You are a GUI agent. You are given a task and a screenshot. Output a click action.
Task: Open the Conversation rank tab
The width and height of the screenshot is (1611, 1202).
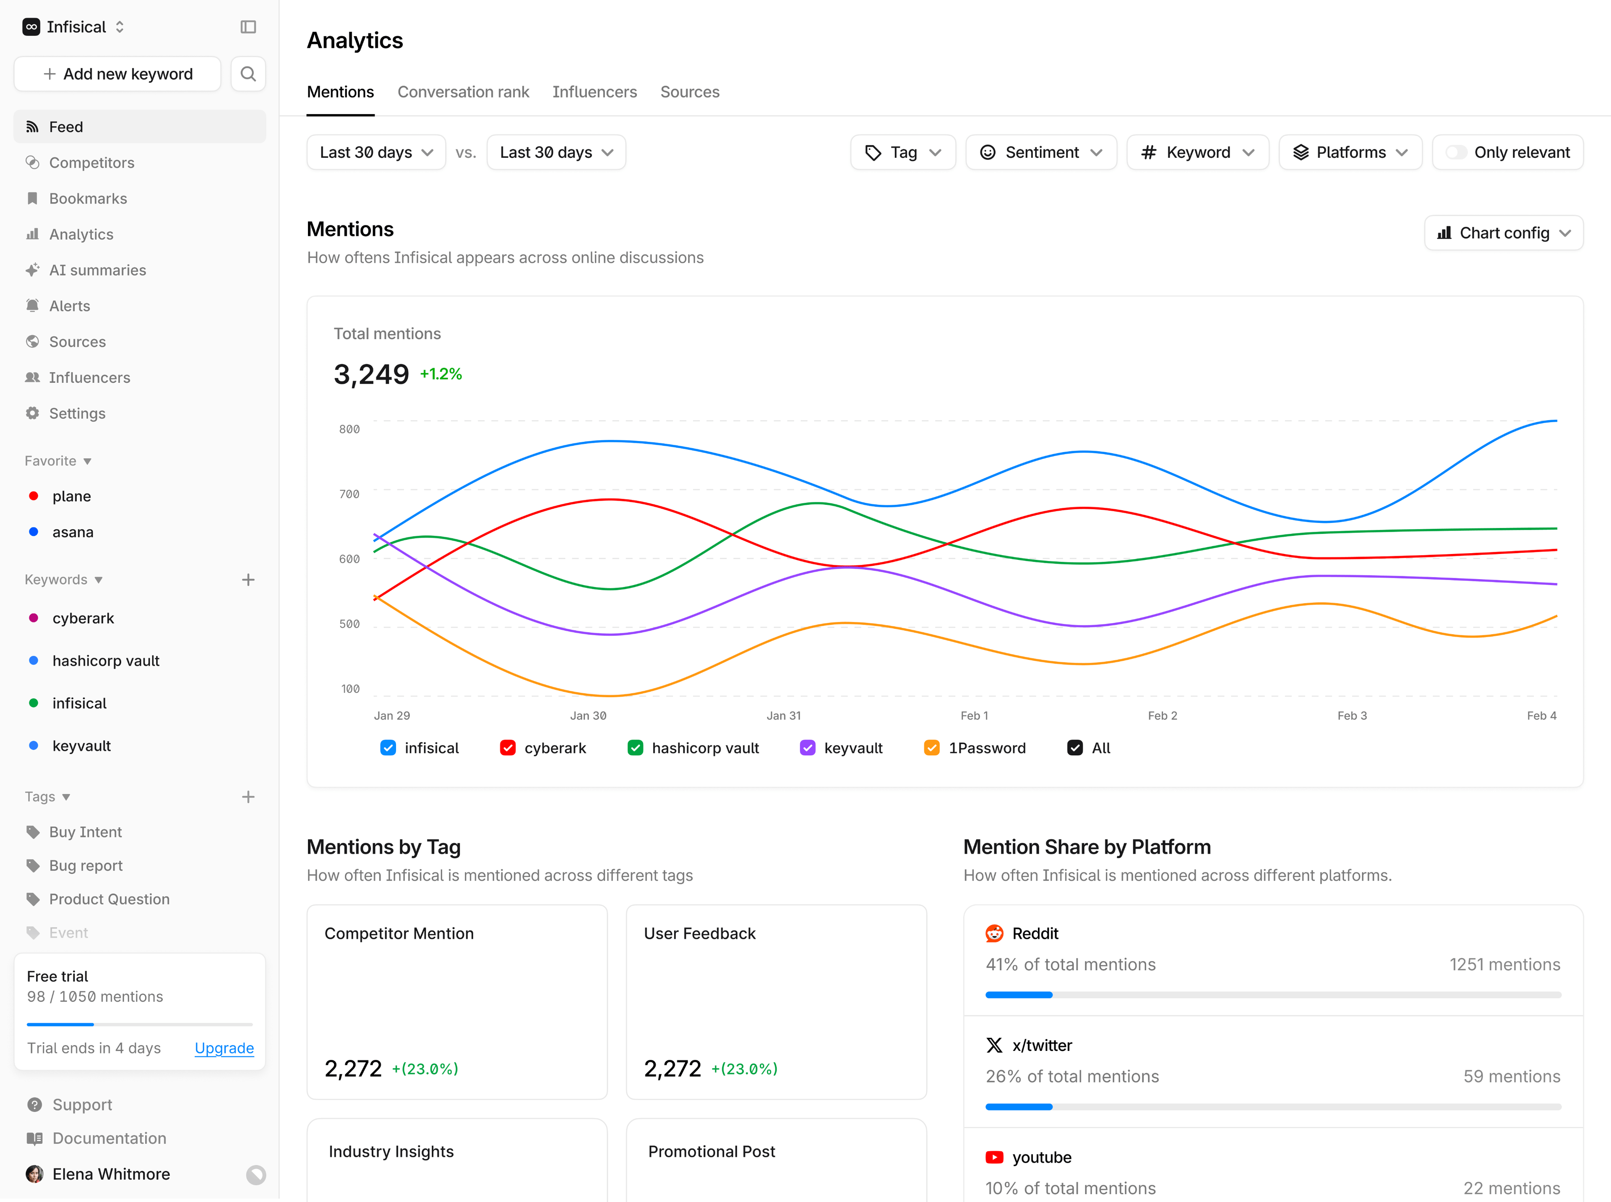pos(463,91)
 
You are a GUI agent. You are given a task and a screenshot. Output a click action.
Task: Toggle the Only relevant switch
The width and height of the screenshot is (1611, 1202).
pos(1455,152)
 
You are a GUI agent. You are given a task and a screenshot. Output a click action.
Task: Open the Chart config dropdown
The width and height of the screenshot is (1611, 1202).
pos(1503,233)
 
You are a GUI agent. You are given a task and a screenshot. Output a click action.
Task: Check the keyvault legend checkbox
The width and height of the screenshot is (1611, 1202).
pos(807,748)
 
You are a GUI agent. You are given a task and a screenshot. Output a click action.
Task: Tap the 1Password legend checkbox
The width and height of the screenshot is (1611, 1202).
pos(932,748)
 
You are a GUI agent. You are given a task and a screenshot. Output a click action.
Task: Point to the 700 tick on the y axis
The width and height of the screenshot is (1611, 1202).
pos(349,494)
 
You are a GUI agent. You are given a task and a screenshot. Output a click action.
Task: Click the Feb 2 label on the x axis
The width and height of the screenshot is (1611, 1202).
pos(1162,715)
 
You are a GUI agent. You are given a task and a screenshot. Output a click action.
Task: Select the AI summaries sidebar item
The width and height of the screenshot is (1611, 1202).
pos(97,270)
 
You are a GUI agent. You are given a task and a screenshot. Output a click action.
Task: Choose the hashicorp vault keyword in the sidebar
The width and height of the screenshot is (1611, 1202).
pos(105,661)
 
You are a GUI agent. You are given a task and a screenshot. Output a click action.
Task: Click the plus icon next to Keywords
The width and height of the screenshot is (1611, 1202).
pos(248,580)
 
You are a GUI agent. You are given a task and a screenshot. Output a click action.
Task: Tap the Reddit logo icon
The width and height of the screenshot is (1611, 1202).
pos(994,933)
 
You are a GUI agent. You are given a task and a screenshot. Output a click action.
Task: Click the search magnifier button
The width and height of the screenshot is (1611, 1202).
pos(248,74)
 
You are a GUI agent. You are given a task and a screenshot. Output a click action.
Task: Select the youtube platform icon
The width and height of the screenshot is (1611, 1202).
pos(994,1157)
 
